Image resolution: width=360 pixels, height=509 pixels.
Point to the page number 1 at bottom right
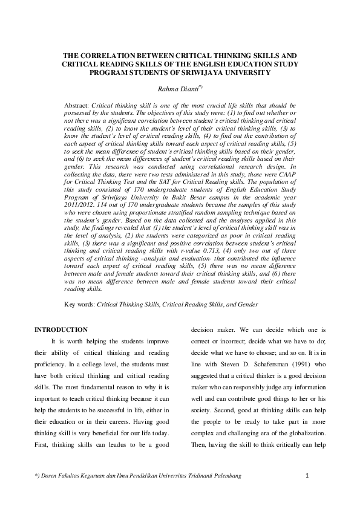click(307, 477)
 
